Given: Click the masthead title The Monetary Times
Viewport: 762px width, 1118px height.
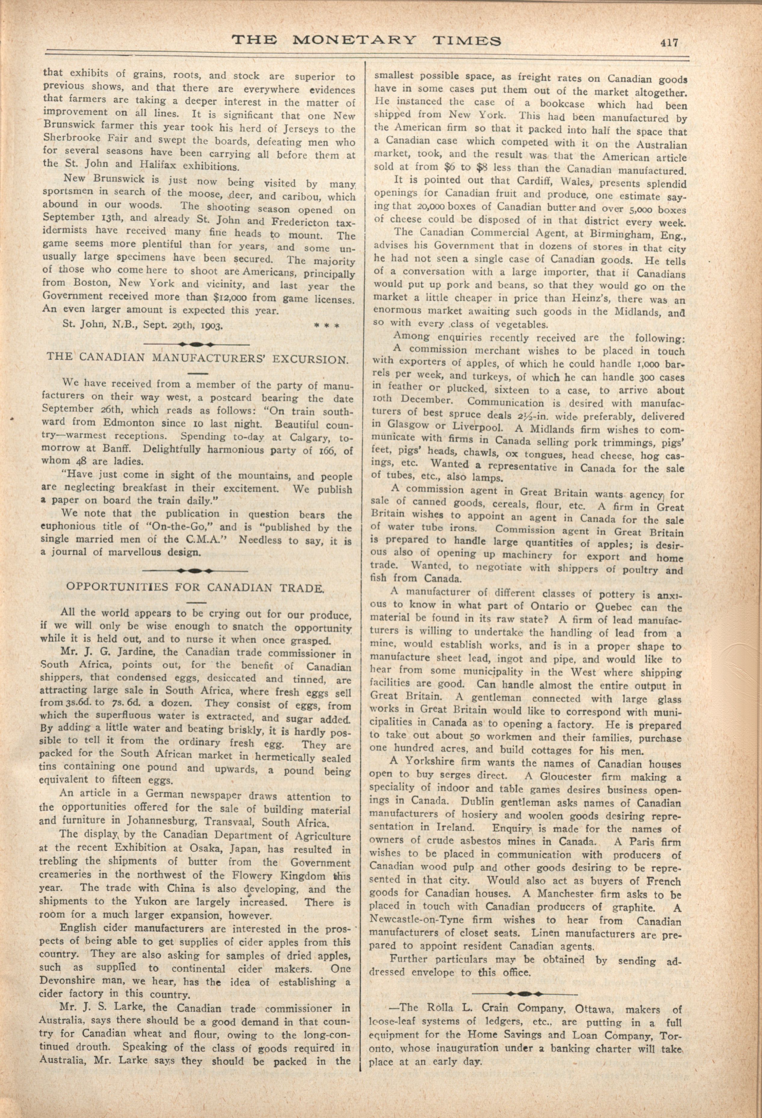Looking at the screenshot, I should tap(366, 40).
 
